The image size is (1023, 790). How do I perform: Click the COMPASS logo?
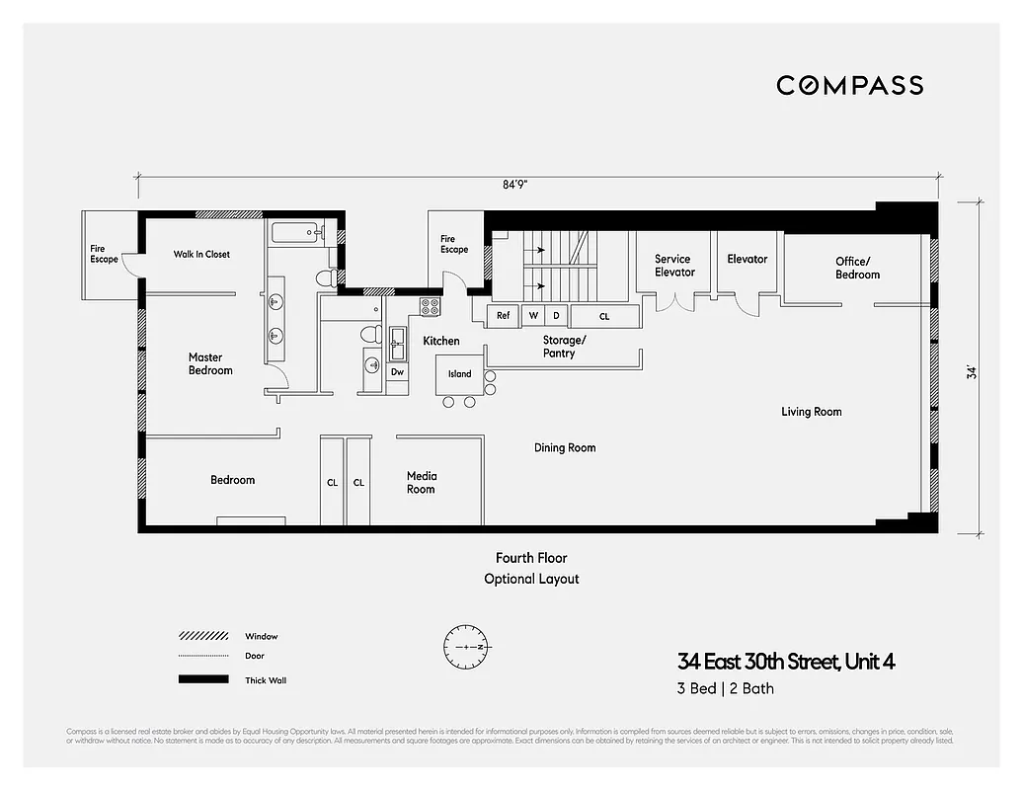[x=849, y=85]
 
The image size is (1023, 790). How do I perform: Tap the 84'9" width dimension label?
[x=515, y=185]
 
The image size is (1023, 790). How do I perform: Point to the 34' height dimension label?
[x=973, y=372]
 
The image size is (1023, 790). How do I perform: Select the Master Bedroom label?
[x=210, y=363]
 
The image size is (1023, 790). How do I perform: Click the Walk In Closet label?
[x=201, y=254]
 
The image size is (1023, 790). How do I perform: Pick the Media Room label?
[x=421, y=482]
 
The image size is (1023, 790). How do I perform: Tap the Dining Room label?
[x=565, y=447]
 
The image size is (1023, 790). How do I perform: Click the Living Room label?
[x=811, y=412]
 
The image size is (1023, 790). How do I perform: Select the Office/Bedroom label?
[x=857, y=268]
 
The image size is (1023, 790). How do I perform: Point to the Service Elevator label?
[x=674, y=266]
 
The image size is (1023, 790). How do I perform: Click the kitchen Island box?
[x=460, y=374]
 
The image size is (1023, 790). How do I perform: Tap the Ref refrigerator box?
[x=504, y=316]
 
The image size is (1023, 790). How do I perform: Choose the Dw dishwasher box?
[x=397, y=372]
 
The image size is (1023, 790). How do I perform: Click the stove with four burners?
[x=430, y=306]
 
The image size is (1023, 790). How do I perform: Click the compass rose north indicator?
[x=465, y=646]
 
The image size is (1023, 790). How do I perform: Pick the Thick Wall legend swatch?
[x=198, y=679]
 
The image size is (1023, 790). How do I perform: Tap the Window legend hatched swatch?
[x=198, y=636]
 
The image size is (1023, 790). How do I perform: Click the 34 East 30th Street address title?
[x=786, y=662]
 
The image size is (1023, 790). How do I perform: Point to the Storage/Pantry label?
[x=559, y=347]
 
